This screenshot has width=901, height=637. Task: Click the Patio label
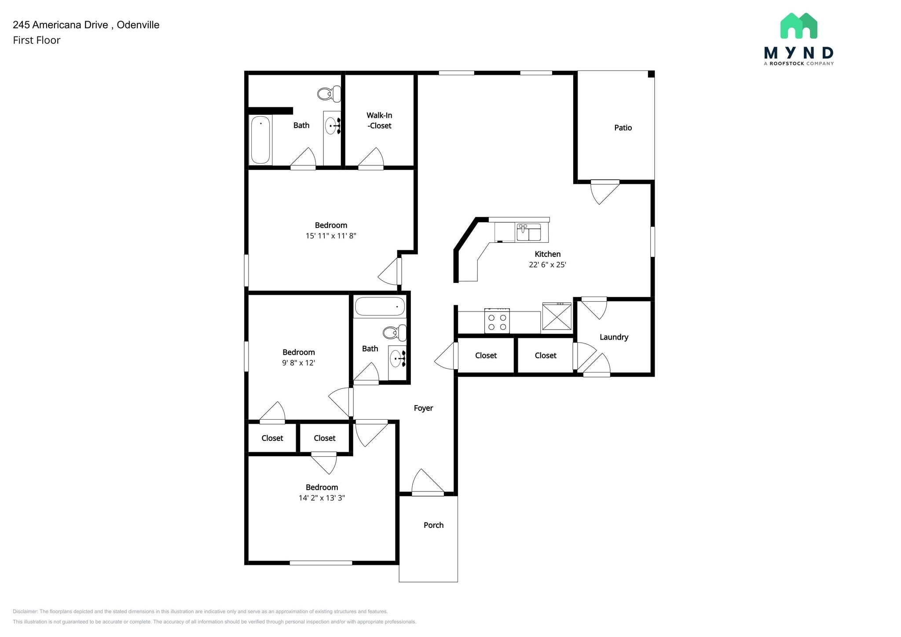(623, 128)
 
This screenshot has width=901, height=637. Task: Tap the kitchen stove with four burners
(497, 322)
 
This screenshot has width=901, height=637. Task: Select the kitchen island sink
(528, 232)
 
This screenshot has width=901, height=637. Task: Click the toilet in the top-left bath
(329, 93)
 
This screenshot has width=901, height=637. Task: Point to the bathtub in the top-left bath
(260, 139)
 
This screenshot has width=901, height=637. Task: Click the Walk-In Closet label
(379, 121)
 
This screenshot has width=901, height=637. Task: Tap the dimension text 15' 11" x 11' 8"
(331, 236)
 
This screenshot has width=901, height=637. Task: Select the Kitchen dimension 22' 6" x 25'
(547, 265)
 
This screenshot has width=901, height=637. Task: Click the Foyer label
(423, 408)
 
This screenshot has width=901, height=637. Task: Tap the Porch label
(433, 525)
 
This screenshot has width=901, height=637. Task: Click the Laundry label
(614, 337)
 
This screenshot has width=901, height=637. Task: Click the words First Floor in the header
(37, 40)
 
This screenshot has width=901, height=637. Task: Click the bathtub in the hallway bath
(380, 307)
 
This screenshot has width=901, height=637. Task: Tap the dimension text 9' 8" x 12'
(299, 363)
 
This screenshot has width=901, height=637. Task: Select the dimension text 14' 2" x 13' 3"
(322, 498)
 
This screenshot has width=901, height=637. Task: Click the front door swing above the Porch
(426, 483)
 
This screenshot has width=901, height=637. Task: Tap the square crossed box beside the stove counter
(557, 317)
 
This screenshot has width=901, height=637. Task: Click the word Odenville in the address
(138, 25)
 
